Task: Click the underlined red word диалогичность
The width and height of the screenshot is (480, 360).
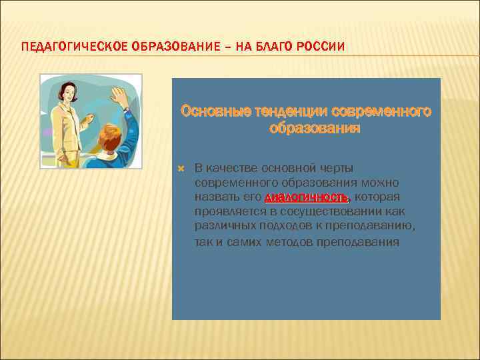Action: point(307,197)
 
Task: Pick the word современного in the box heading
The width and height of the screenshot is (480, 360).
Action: point(383,110)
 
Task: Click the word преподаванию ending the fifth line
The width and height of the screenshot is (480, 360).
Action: point(377,227)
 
